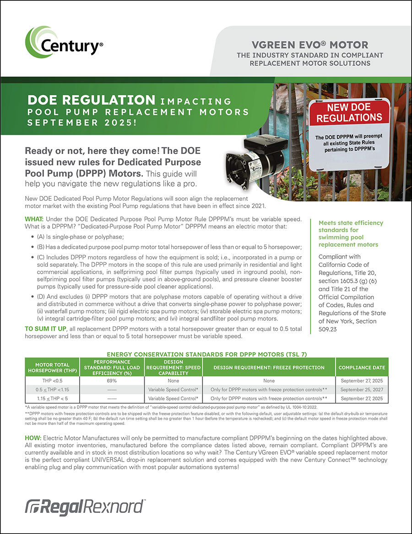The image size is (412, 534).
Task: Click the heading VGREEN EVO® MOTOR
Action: coord(310,45)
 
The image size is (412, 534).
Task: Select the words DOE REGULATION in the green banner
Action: coord(92,100)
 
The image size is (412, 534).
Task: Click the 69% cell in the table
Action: coord(112,380)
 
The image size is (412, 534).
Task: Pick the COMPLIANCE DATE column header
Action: coord(362,368)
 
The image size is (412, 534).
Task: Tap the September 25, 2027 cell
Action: coord(362,390)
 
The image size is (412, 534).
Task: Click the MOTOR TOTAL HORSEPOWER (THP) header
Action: coord(52,368)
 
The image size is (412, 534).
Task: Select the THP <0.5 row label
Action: coord(52,380)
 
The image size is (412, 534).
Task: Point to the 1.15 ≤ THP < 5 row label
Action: coord(52,398)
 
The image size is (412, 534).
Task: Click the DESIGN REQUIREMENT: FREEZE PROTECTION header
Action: coord(269,368)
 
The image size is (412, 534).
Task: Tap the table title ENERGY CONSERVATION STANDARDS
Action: coord(206,354)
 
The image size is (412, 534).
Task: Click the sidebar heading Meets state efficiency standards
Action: coord(351,234)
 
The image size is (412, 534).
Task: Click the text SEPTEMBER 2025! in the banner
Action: coord(82,123)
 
